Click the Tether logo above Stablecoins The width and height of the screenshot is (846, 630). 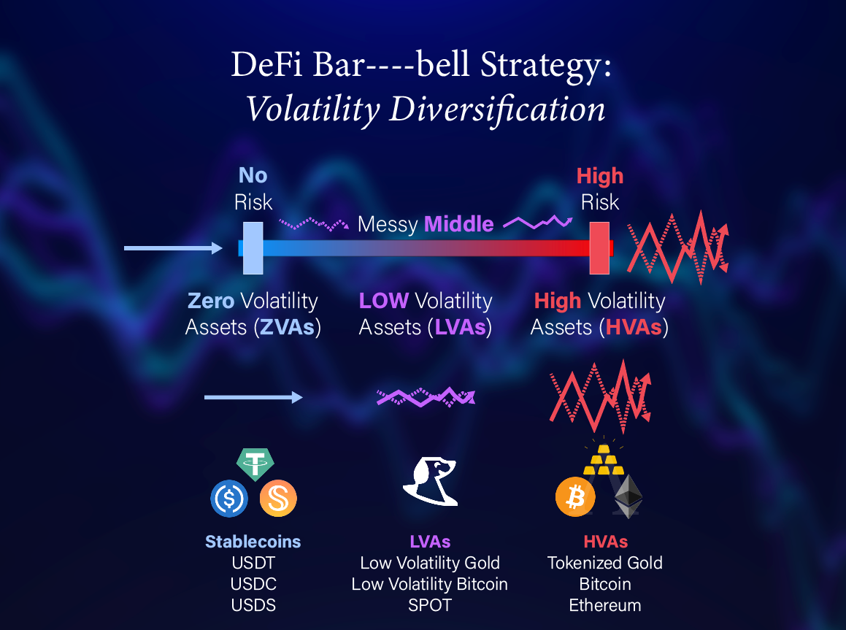click(255, 464)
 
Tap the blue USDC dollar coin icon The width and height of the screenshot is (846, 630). click(229, 499)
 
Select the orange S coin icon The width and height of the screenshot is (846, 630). click(278, 499)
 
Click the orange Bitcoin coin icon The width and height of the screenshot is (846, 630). click(575, 496)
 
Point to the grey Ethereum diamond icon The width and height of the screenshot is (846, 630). click(628, 496)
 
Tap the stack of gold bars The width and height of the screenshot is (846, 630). click(604, 460)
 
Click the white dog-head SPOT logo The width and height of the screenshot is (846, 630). click(431, 481)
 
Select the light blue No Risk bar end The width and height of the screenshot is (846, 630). click(253, 248)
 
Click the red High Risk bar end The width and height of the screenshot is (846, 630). click(599, 248)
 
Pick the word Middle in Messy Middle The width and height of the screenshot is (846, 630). click(459, 224)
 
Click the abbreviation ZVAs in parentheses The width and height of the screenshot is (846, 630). click(287, 327)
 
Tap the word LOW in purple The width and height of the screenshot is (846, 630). click(384, 301)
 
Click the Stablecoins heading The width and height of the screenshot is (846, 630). click(253, 542)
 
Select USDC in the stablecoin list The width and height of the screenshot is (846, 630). click(253, 584)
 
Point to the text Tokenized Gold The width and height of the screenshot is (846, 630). click(605, 563)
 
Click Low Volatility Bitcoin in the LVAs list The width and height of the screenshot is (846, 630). click(429, 584)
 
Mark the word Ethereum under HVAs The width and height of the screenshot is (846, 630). click(605, 605)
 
